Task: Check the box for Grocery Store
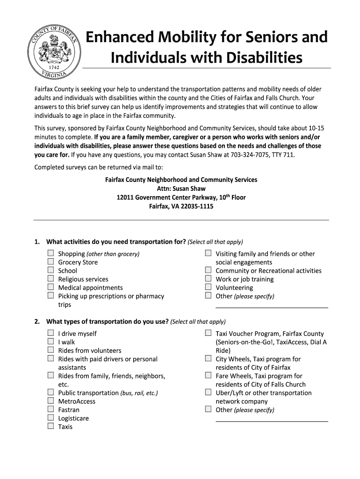tap(50, 262)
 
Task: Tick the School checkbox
tap(50, 271)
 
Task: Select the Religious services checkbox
tap(50, 279)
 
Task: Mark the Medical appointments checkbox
tap(50, 288)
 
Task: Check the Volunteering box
tap(208, 288)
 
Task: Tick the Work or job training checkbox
tap(208, 279)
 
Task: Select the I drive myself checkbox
tap(50, 334)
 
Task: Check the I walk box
tap(50, 342)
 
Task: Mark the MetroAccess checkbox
tap(50, 401)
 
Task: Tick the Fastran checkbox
tap(50, 410)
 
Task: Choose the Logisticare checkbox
tap(50, 418)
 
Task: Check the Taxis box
tap(50, 427)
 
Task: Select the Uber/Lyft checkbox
tap(208, 393)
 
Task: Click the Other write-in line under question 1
tap(272, 306)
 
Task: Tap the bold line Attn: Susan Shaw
tap(181, 189)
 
